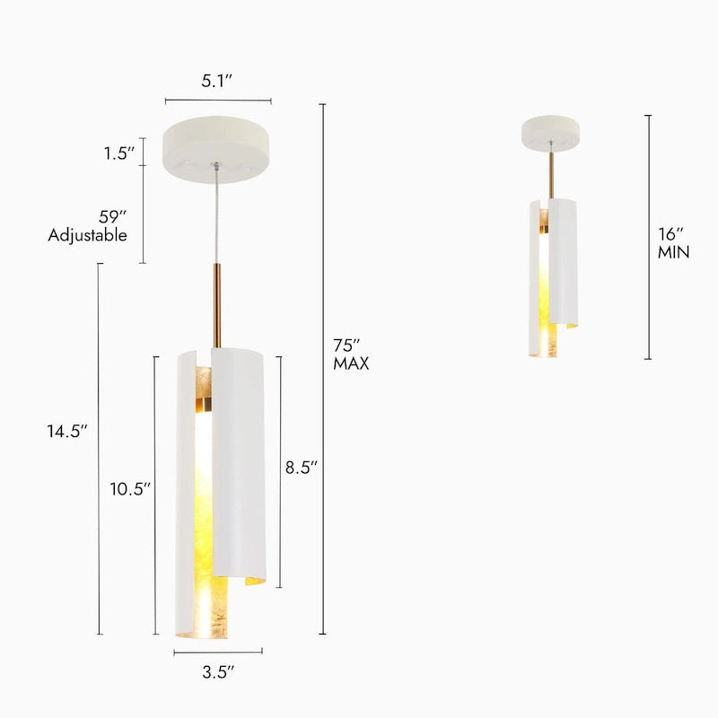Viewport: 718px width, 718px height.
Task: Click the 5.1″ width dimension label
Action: point(216,80)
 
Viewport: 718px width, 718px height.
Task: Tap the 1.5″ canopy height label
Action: point(119,153)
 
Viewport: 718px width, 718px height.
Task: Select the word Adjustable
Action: point(87,235)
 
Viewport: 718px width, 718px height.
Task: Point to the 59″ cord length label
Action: point(114,216)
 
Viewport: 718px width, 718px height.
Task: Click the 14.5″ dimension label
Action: point(67,431)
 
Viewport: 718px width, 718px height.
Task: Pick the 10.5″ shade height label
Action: point(130,489)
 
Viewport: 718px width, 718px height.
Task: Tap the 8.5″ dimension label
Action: point(301,467)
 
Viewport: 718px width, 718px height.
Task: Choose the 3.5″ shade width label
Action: point(218,670)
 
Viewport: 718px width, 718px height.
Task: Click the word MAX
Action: point(351,363)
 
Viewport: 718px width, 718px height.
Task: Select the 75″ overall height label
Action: point(346,346)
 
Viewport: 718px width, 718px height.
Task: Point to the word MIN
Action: point(673,252)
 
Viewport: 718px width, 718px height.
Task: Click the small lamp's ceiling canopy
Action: point(551,133)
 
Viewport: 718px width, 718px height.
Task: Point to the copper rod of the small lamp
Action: point(551,175)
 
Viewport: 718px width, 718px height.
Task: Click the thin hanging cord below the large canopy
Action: point(215,215)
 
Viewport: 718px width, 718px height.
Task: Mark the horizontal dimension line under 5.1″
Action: point(218,101)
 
